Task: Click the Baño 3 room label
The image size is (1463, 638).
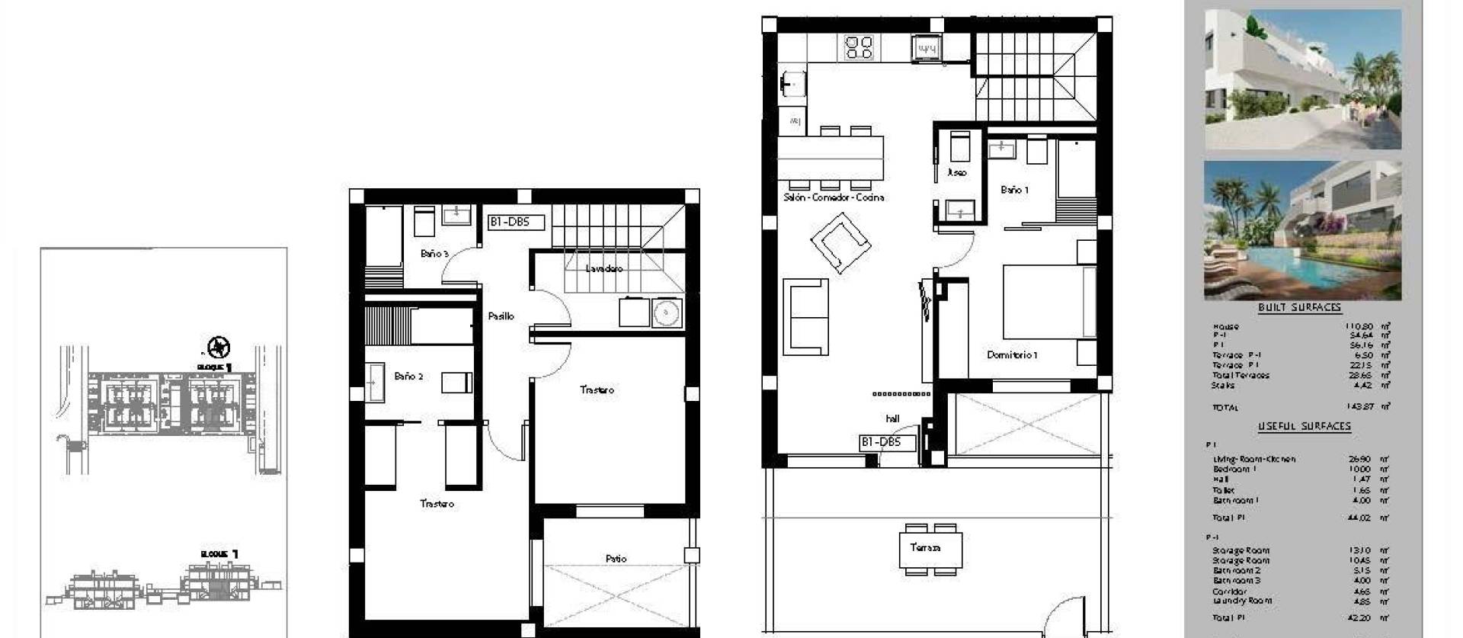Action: click(x=434, y=253)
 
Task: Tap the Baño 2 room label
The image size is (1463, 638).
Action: click(x=408, y=376)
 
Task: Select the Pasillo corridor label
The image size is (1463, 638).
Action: click(x=501, y=316)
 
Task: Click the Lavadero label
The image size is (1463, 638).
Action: click(x=604, y=268)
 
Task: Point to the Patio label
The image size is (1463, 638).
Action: click(x=616, y=559)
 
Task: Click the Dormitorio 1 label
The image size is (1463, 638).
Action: click(x=1012, y=354)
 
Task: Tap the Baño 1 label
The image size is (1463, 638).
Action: click(x=1015, y=190)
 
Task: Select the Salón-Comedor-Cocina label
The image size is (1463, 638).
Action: click(x=834, y=197)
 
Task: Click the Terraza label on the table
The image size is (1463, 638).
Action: click(x=925, y=547)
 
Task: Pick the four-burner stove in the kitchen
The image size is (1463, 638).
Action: click(x=859, y=47)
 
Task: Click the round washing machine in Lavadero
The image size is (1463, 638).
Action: click(x=666, y=313)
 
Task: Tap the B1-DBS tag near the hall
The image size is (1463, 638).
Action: click(x=880, y=442)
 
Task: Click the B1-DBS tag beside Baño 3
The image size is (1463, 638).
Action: click(x=516, y=223)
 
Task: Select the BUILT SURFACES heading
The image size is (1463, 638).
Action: click(x=1299, y=307)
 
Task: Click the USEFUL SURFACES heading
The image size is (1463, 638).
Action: click(x=1304, y=426)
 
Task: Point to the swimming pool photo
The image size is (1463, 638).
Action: click(x=1302, y=230)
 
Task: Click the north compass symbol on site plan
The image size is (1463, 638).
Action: click(x=219, y=348)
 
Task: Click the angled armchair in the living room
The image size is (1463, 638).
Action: click(x=840, y=242)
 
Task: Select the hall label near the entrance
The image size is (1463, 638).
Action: click(x=892, y=418)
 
